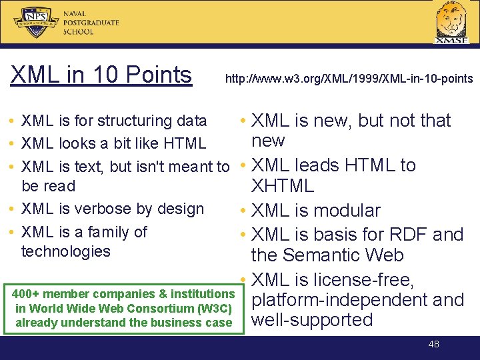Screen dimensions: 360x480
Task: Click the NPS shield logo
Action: coord(37,21)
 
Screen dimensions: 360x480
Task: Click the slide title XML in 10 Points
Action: coord(101,75)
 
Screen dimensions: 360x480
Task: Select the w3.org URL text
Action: coord(349,79)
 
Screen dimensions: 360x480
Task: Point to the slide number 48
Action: coord(433,344)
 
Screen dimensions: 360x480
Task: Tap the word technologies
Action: coord(66,251)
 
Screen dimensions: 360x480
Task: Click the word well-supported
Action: coord(312,320)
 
